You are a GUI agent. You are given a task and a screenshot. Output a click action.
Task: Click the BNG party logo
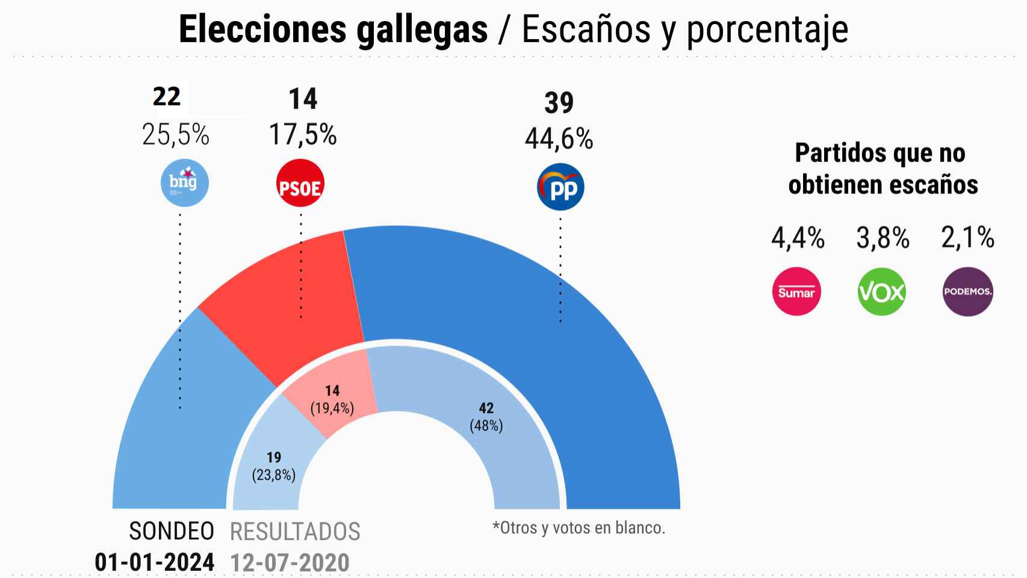(x=184, y=182)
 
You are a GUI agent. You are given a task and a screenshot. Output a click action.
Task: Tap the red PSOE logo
(x=300, y=184)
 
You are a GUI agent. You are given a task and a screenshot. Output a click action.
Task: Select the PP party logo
(x=560, y=187)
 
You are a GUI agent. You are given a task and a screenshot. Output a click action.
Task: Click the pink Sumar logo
(x=796, y=291)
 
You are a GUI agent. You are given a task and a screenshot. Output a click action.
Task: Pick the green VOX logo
(x=881, y=291)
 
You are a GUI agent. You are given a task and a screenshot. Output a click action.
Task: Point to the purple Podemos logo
(x=967, y=291)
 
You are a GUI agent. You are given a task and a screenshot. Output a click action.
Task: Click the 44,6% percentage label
(x=559, y=139)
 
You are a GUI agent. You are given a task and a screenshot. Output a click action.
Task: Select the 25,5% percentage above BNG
(x=176, y=135)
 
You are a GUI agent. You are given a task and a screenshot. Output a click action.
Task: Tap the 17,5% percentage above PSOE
(x=302, y=134)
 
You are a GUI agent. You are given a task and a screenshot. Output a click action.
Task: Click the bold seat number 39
(x=559, y=103)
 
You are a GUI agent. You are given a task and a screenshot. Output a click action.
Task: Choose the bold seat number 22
(x=167, y=96)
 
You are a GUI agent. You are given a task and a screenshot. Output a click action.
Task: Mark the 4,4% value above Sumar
(x=798, y=238)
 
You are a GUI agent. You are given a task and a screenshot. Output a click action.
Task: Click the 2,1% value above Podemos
(x=967, y=238)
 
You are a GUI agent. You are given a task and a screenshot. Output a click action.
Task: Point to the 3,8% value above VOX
(x=883, y=238)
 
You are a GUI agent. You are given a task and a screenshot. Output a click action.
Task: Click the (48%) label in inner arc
(x=486, y=426)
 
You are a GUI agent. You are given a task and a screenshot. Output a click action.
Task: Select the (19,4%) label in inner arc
(x=332, y=408)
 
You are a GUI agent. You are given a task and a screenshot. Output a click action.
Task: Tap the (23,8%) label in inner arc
(x=273, y=475)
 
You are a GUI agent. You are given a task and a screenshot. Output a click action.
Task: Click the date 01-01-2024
(x=155, y=562)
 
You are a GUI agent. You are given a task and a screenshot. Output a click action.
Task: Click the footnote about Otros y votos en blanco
(x=579, y=528)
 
